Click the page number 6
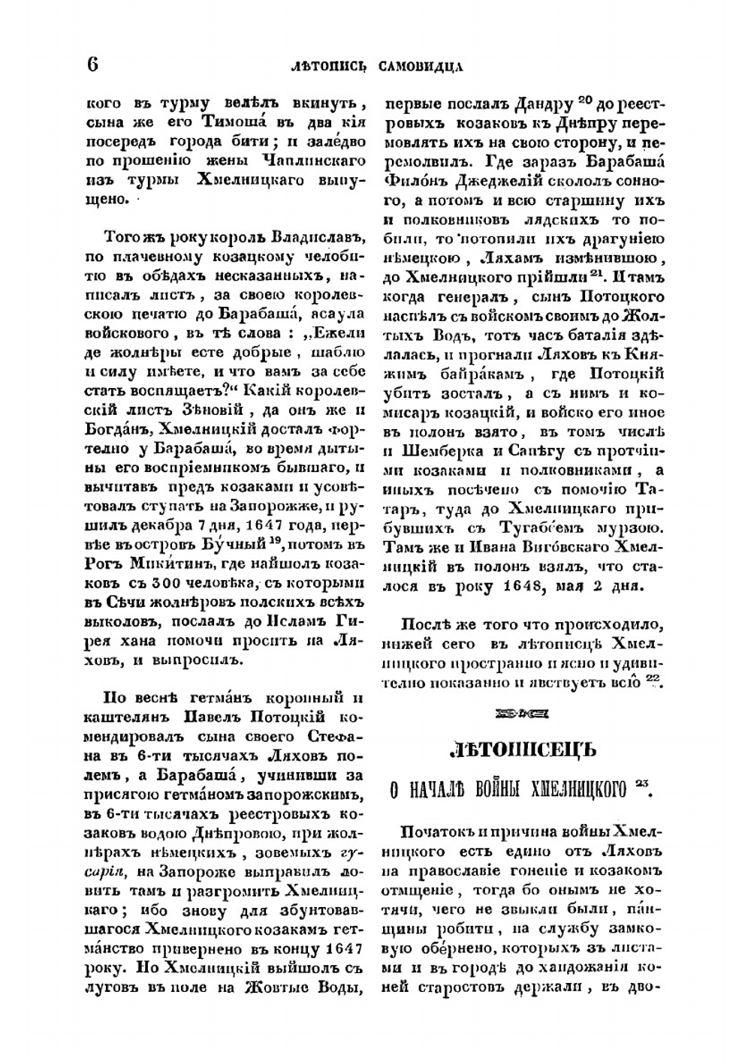(92, 65)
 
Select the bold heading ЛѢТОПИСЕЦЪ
(522, 749)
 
